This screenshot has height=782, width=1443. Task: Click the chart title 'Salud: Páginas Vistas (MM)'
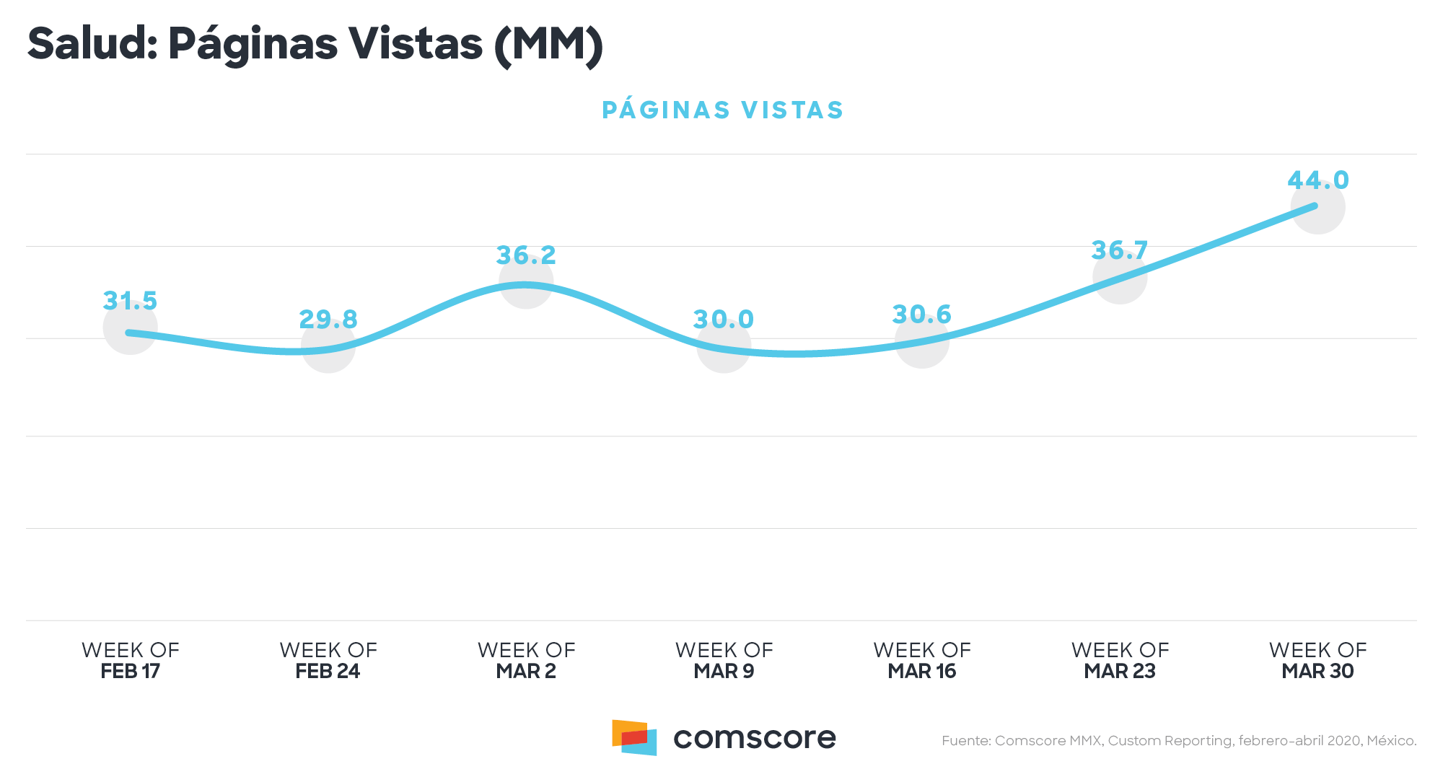(315, 45)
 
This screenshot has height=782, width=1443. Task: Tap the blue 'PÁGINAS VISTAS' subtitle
(722, 110)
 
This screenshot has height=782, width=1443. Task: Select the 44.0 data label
(1317, 180)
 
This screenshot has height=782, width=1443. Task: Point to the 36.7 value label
(1119, 251)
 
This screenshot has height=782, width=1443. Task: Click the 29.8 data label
(328, 320)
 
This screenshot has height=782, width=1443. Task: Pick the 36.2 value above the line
(526, 255)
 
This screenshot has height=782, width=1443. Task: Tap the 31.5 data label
(130, 301)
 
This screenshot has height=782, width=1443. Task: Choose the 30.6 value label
(921, 315)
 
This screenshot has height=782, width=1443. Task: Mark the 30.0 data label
(724, 320)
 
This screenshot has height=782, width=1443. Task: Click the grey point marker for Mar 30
(1317, 207)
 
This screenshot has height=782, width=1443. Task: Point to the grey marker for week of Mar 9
(724, 346)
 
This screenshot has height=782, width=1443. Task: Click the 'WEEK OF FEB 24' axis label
(328, 660)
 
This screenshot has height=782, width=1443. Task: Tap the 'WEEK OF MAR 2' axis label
(526, 660)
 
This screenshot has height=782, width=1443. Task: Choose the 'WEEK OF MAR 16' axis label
(921, 660)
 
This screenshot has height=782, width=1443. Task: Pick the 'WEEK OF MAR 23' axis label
(1120, 660)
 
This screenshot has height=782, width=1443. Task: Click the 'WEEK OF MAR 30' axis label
(1317, 660)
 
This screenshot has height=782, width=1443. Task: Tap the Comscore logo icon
(634, 737)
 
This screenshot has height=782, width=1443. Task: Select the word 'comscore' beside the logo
(754, 738)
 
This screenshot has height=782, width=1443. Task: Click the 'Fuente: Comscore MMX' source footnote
(1178, 741)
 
